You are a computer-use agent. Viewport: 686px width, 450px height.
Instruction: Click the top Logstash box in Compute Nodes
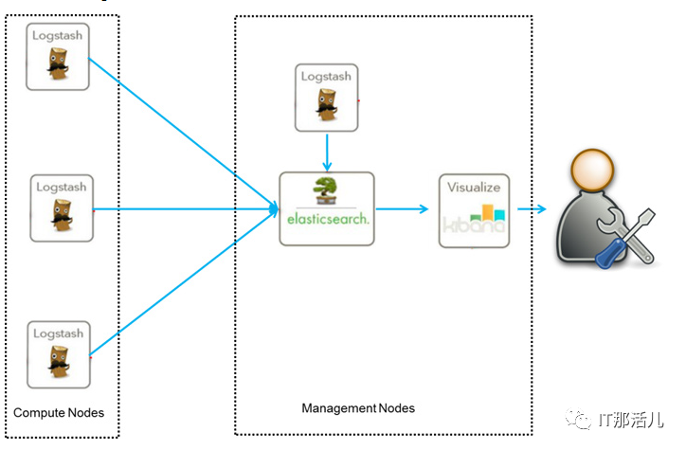[58, 58]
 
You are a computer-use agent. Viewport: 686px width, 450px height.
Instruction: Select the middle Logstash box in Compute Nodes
[61, 206]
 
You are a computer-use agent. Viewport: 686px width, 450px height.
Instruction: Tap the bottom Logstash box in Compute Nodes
[58, 354]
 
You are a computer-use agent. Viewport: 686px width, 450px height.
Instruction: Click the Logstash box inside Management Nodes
[326, 98]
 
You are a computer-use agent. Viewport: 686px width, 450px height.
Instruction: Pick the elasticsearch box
[326, 208]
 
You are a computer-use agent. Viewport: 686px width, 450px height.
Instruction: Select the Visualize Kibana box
[474, 210]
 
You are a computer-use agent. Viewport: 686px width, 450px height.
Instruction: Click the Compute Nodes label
[59, 413]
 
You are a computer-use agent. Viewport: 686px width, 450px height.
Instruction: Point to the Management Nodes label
[358, 408]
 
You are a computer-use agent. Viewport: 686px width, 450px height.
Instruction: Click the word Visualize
[474, 187]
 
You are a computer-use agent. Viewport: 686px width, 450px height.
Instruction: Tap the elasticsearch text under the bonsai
[326, 219]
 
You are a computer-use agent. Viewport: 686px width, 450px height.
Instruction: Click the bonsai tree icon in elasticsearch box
[326, 189]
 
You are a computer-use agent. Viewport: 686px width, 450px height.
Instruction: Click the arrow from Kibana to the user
[530, 209]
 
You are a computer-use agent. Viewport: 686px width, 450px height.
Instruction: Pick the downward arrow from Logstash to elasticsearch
[326, 152]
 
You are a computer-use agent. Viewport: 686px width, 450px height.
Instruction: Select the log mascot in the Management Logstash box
[326, 107]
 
